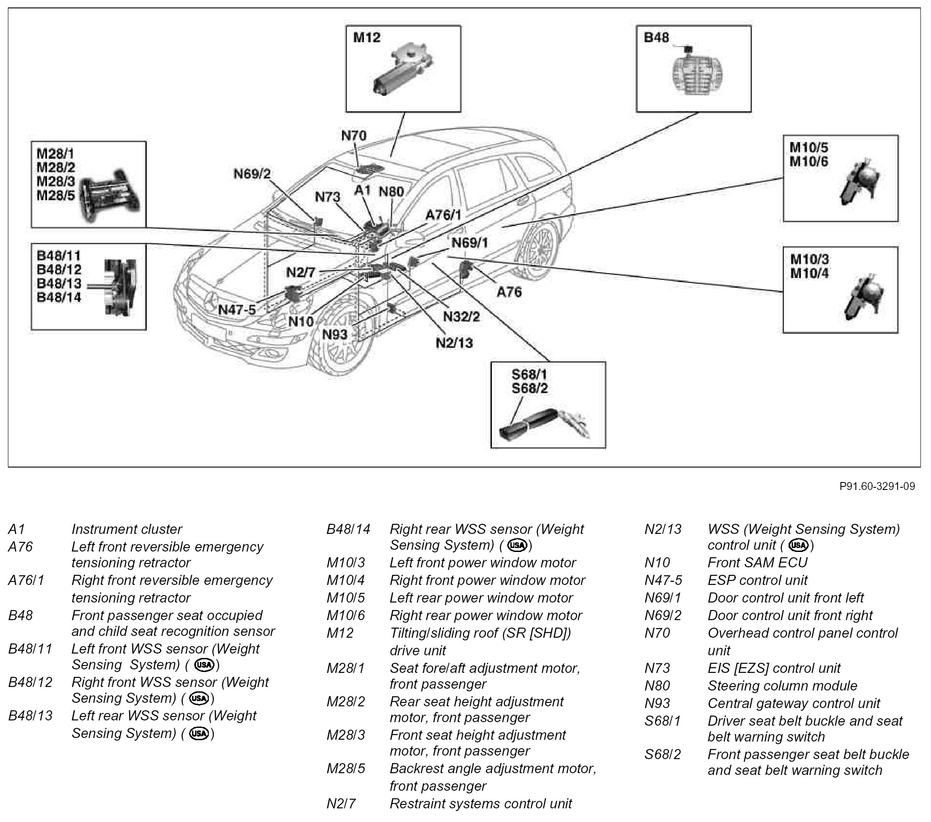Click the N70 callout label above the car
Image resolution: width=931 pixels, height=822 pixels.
pyautogui.click(x=353, y=136)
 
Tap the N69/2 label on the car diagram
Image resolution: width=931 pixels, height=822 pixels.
pyautogui.click(x=252, y=174)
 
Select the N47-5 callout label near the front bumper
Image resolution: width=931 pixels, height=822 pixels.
pyautogui.click(x=237, y=310)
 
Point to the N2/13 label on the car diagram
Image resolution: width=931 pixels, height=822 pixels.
pyautogui.click(x=454, y=343)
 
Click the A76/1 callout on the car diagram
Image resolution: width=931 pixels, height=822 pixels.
pyautogui.click(x=443, y=215)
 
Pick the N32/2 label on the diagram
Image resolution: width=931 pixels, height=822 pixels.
pyautogui.click(x=462, y=316)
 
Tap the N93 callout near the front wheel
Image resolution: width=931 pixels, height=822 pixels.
pyautogui.click(x=335, y=334)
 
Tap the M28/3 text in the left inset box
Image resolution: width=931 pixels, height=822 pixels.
pyautogui.click(x=55, y=181)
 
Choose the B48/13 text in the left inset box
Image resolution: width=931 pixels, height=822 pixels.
pyautogui.click(x=59, y=283)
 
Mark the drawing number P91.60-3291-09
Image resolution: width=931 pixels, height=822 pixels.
pyautogui.click(x=877, y=486)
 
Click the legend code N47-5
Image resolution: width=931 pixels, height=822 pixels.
pyautogui.click(x=663, y=580)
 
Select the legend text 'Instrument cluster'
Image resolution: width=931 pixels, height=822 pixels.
pyautogui.click(x=127, y=529)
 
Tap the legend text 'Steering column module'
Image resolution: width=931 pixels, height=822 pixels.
pyautogui.click(x=782, y=685)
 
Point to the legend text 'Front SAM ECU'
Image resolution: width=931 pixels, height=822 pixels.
pyautogui.click(x=757, y=562)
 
